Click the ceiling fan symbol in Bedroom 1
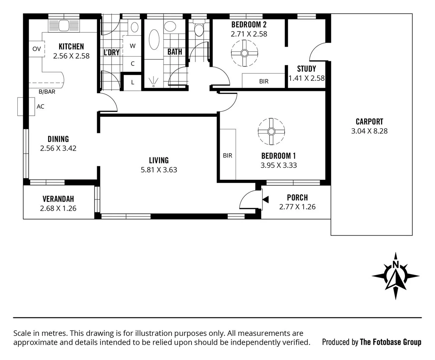(x=271, y=131)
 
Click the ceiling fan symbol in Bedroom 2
(x=245, y=53)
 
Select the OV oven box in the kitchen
(x=36, y=49)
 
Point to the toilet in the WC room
(x=199, y=29)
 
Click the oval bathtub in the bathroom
(x=154, y=40)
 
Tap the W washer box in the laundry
(x=132, y=46)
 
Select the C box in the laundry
(x=132, y=63)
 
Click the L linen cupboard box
(x=132, y=82)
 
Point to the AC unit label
(x=40, y=107)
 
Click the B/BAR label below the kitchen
(x=47, y=92)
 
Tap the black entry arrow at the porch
(x=266, y=200)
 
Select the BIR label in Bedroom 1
(x=228, y=155)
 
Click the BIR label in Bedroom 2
(x=264, y=81)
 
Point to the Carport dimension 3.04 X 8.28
(x=369, y=131)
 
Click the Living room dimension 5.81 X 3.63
(x=159, y=170)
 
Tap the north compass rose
(x=395, y=276)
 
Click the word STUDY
(x=306, y=69)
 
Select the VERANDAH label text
(x=58, y=199)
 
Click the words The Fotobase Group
(x=390, y=342)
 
